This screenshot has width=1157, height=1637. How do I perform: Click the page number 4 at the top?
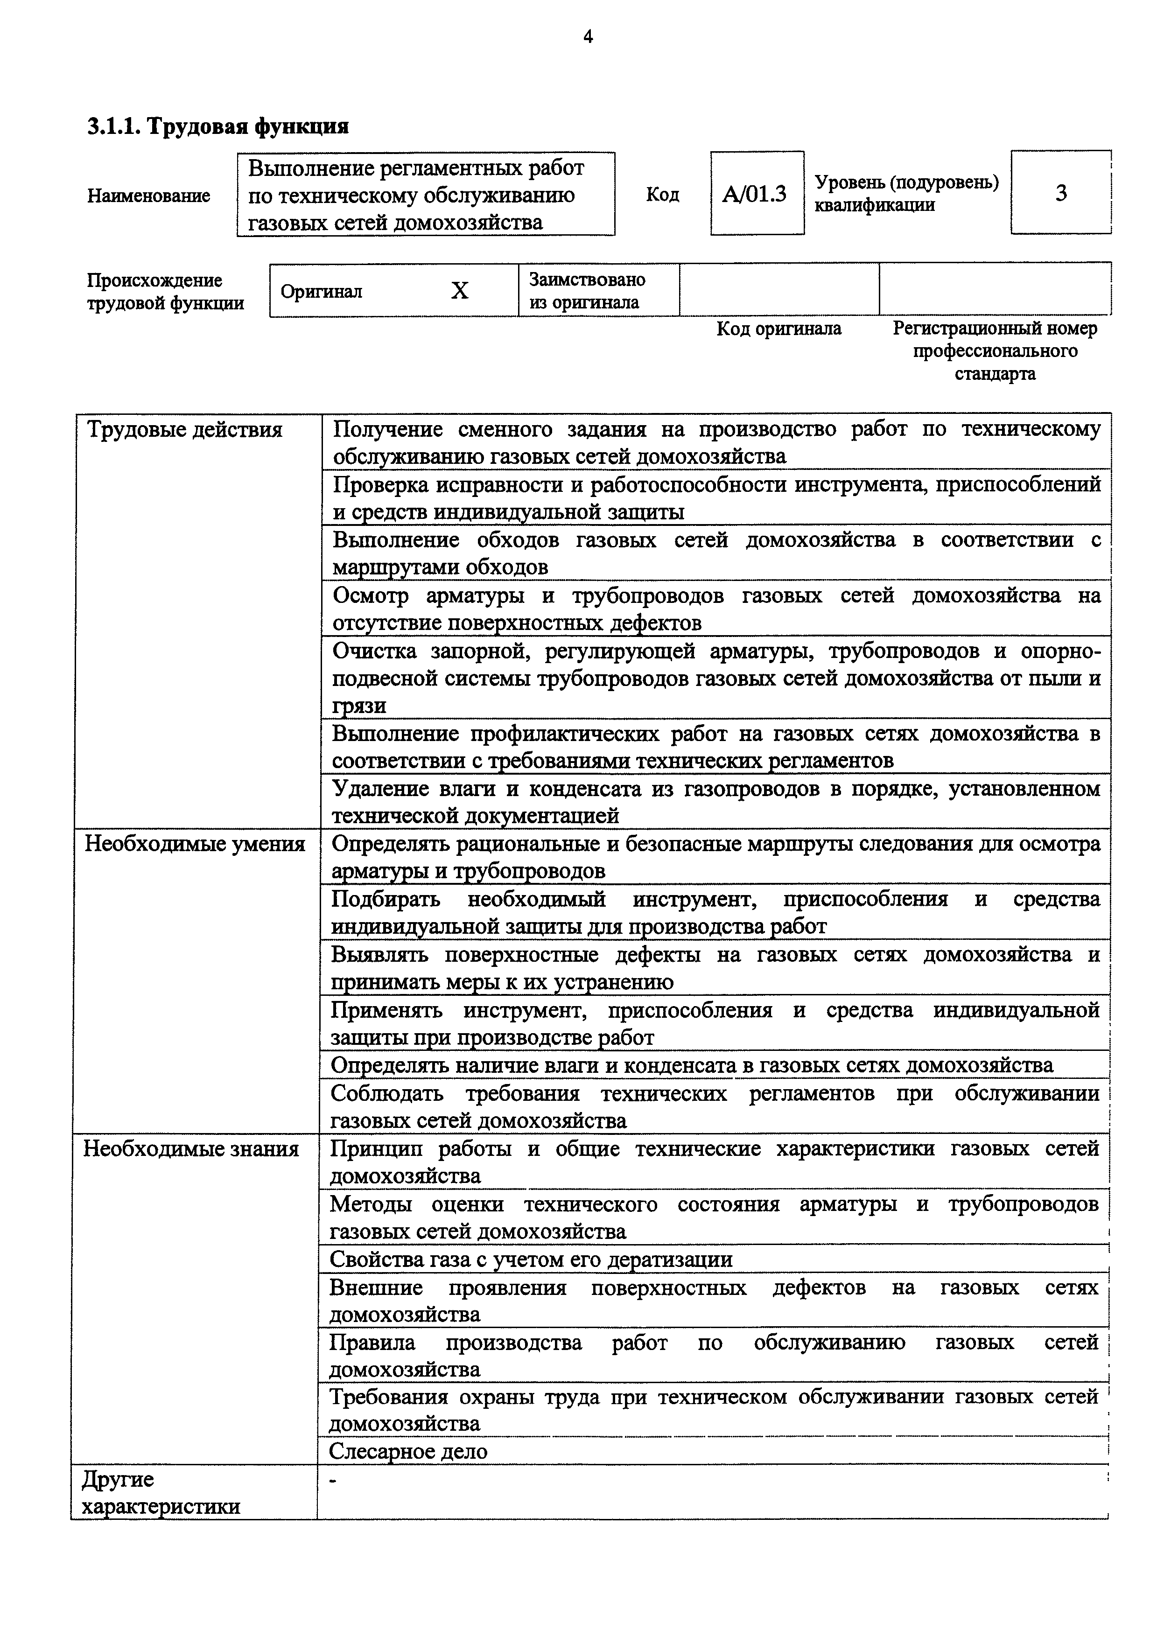pyautogui.click(x=588, y=37)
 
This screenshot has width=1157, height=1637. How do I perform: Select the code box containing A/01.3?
pyautogui.click(x=757, y=193)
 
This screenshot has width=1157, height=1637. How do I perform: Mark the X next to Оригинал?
pyautogui.click(x=460, y=290)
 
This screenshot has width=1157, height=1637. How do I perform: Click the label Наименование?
pyautogui.click(x=148, y=196)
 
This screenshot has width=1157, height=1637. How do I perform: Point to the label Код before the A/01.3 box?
pyautogui.click(x=662, y=194)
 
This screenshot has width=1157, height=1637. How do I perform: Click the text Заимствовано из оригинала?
pyautogui.click(x=586, y=290)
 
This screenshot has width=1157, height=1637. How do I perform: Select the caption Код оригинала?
pyautogui.click(x=778, y=329)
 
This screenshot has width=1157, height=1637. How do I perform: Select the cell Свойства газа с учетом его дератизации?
pyautogui.click(x=531, y=1259)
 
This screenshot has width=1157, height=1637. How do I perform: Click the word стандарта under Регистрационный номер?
pyautogui.click(x=995, y=374)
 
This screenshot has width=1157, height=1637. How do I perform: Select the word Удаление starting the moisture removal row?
pyautogui.click(x=379, y=789)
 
